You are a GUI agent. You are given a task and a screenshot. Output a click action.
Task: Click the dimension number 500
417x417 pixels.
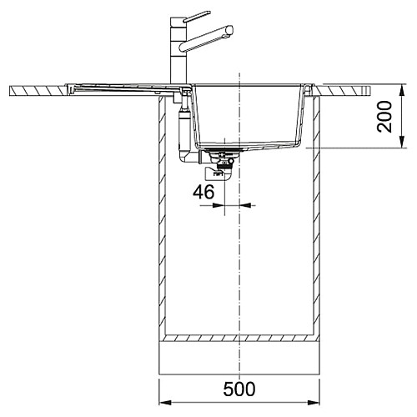pos(239,389)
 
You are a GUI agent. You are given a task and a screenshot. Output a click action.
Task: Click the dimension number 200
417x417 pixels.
pos(384,117)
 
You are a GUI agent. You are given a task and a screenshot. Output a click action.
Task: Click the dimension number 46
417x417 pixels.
pos(203,192)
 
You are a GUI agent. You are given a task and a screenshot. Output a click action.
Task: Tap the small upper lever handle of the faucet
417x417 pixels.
pos(197,16)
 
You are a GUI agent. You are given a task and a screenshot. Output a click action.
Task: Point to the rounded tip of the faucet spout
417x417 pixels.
pos(229,30)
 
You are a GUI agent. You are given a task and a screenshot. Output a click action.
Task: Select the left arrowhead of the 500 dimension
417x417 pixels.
pos(164,403)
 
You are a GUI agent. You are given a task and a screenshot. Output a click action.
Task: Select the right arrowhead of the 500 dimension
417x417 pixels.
pos(314,403)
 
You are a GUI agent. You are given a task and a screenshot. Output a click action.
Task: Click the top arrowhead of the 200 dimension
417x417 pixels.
pos(402,91)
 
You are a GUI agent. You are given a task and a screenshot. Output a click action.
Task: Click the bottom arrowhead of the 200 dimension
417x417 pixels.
pos(402,142)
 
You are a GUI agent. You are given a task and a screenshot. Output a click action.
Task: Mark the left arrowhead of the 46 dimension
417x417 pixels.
pos(219,205)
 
